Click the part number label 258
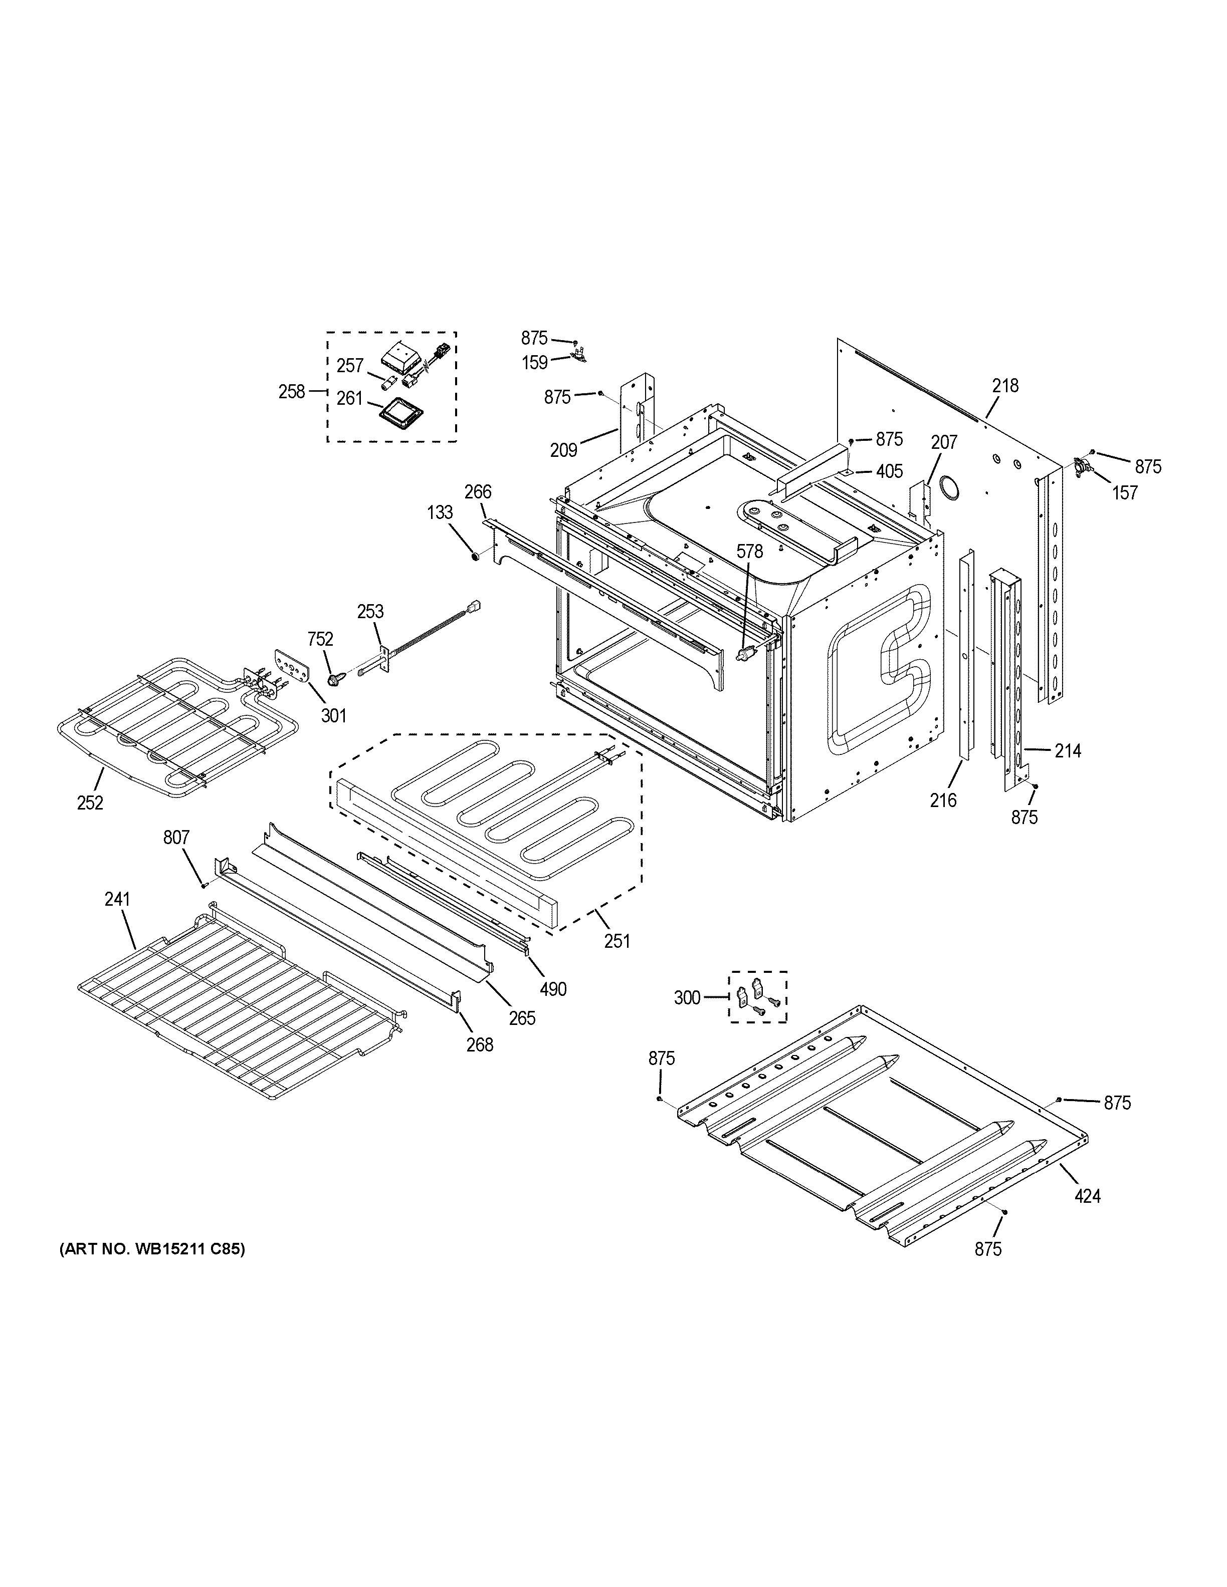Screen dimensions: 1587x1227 [x=292, y=392]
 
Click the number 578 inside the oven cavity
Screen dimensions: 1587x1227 [x=749, y=552]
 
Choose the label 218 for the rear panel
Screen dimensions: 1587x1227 [x=1006, y=386]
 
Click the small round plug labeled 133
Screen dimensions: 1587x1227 [x=474, y=557]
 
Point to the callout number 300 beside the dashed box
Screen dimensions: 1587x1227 [x=687, y=998]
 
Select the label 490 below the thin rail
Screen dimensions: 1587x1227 [x=553, y=989]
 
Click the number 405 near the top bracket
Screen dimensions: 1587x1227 [x=890, y=471]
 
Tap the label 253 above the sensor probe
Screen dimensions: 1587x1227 [x=370, y=611]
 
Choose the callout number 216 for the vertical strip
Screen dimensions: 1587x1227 [x=943, y=800]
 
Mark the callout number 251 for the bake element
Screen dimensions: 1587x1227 [x=617, y=940]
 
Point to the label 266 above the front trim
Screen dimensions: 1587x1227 [x=478, y=492]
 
